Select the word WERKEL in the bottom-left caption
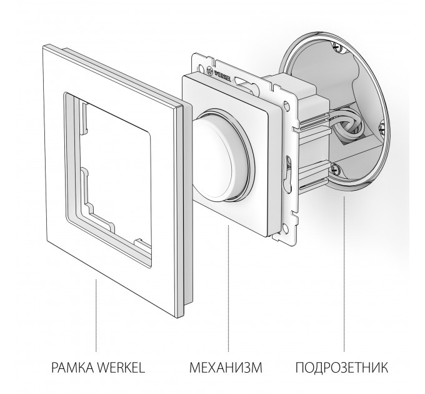pos(121,368)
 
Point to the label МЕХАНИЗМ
pos(226,368)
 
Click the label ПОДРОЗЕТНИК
pos(341,368)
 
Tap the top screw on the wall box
pos(337,47)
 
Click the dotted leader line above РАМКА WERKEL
pos(96,315)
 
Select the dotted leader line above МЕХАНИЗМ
pos(228,288)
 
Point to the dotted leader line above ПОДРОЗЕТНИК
pos(344,274)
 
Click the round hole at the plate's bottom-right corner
pos(284,227)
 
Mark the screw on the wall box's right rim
pos(382,128)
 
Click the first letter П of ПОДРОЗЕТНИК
pos(299,368)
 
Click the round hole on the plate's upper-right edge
pos(286,105)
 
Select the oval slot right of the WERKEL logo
pos(241,81)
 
